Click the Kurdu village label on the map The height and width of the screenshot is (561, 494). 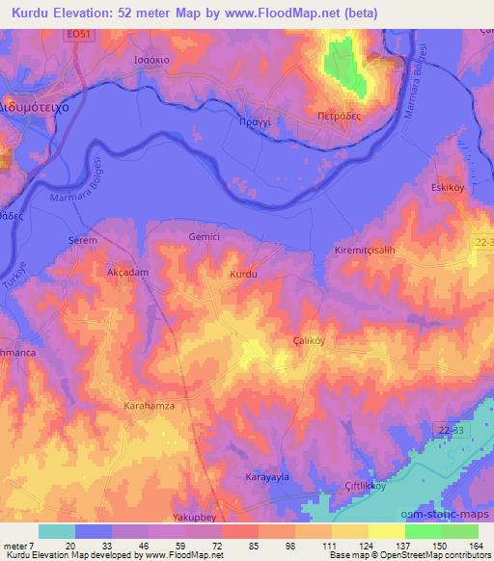pos(244,276)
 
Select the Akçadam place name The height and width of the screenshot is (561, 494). pos(126,273)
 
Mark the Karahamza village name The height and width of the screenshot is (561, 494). pos(150,408)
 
